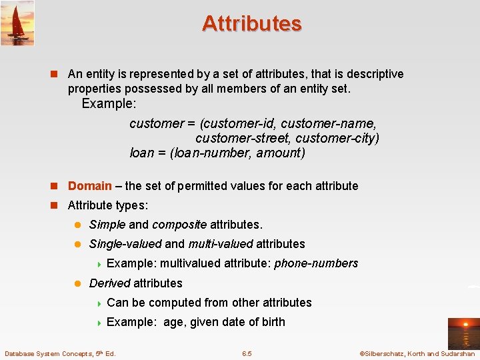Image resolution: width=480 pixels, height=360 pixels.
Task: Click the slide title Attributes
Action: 251,24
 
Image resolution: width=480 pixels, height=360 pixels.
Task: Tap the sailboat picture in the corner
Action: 17,23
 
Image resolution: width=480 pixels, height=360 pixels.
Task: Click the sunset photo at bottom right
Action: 463,332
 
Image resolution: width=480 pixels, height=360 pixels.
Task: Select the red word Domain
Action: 89,186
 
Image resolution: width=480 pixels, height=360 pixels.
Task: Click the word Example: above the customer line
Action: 109,104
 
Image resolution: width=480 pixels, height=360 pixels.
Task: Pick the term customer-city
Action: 337,138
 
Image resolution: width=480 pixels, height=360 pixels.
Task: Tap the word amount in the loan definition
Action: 283,153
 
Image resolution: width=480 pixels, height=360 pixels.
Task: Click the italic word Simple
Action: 107,225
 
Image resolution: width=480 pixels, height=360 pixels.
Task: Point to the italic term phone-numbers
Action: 316,263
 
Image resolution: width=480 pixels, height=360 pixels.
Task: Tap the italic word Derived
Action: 109,283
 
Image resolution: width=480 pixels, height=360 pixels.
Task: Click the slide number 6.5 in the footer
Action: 247,353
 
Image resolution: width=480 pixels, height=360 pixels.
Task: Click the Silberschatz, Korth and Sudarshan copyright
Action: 417,353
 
